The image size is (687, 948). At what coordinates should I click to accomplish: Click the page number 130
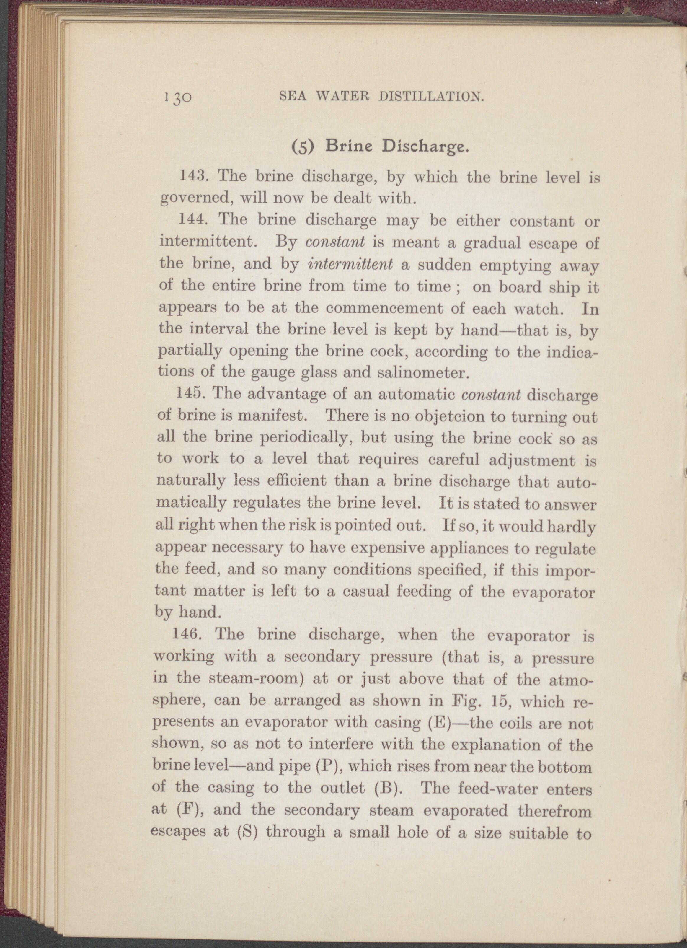coord(178,99)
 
